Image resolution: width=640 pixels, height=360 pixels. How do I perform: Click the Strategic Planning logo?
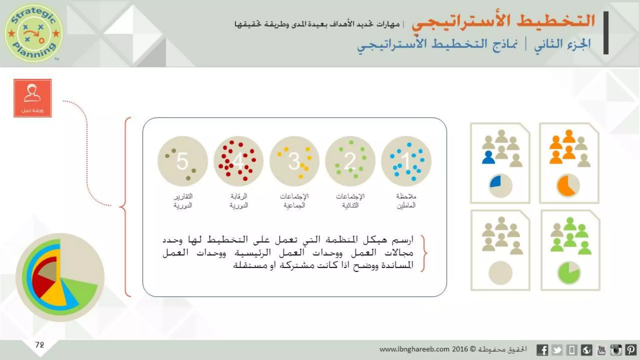point(33,33)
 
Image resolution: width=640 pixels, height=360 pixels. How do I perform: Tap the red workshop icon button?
point(32,98)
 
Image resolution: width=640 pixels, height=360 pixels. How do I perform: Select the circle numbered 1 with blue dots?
point(406,161)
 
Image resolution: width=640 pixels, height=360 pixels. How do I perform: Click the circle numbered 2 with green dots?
point(350,161)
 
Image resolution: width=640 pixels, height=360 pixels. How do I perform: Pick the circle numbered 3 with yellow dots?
point(294,161)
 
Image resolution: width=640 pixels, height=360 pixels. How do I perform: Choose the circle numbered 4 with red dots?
point(238,161)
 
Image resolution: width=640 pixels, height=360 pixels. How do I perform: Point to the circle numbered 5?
point(183,161)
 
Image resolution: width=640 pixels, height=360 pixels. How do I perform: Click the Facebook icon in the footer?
point(542,350)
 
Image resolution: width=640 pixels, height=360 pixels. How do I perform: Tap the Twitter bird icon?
point(557,350)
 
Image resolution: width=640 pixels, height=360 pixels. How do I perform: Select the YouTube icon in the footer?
point(601,350)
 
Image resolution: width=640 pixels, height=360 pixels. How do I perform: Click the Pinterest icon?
point(631,350)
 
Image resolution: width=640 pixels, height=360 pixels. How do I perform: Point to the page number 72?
point(40,345)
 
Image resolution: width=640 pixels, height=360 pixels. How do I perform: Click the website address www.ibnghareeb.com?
point(414,349)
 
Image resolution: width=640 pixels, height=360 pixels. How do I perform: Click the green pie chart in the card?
point(569,273)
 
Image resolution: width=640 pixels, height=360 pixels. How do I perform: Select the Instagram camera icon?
point(616,350)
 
